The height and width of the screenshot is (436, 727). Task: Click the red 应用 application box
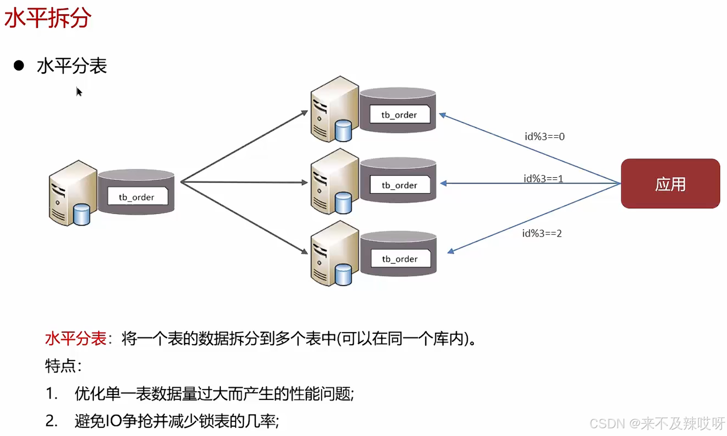pyautogui.click(x=670, y=184)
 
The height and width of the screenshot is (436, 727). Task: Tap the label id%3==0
pyautogui.click(x=544, y=136)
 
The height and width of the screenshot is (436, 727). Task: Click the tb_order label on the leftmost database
pyautogui.click(x=137, y=197)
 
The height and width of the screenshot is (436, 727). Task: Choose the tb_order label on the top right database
pyautogui.click(x=399, y=115)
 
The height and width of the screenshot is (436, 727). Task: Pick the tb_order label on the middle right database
pyautogui.click(x=399, y=185)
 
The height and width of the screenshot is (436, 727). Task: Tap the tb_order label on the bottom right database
pyautogui.click(x=400, y=259)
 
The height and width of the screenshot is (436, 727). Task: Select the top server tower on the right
pyautogui.click(x=334, y=109)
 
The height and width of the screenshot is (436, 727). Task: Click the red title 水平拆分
pyautogui.click(x=48, y=18)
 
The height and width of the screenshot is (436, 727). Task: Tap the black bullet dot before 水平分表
pyautogui.click(x=19, y=65)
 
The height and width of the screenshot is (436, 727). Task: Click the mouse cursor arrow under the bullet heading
pyautogui.click(x=79, y=92)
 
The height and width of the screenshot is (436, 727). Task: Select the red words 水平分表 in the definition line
pyautogui.click(x=75, y=339)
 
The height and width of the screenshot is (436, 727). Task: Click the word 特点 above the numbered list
pyautogui.click(x=60, y=366)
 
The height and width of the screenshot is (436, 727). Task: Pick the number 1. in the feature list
pyautogui.click(x=51, y=393)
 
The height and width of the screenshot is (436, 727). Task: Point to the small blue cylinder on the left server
pyautogui.click(x=82, y=214)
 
